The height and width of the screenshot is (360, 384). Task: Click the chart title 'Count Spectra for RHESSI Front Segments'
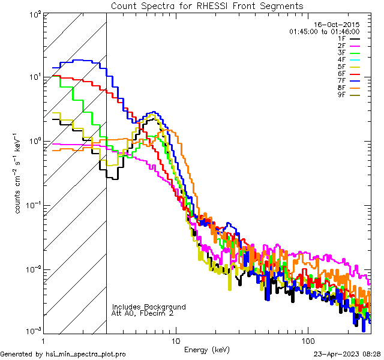pyautogui.click(x=207, y=6)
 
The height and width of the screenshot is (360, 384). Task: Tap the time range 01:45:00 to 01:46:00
pyautogui.click(x=324, y=31)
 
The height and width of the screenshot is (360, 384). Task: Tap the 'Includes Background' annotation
pyautogui.click(x=149, y=307)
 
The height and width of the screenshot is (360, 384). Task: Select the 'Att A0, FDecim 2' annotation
pyautogui.click(x=143, y=314)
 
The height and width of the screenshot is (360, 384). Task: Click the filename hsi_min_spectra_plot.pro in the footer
pyautogui.click(x=88, y=355)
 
